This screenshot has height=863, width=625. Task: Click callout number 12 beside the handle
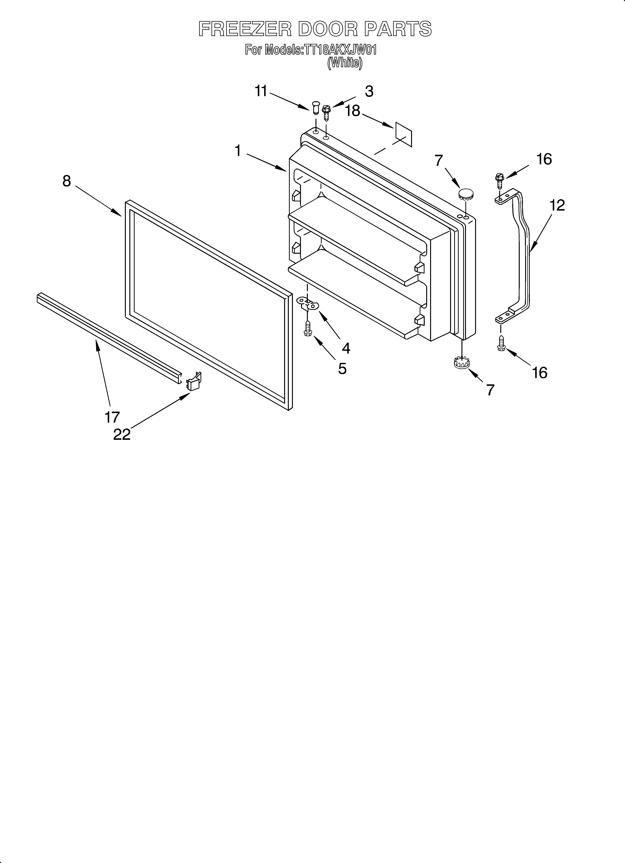click(557, 206)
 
